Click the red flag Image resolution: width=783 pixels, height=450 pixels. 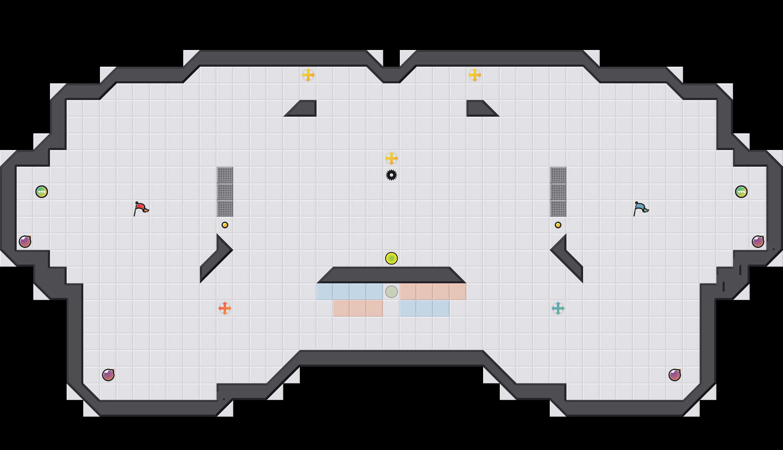(x=141, y=208)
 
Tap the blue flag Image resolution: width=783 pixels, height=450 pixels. (x=641, y=208)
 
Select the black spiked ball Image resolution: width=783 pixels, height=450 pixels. (x=391, y=175)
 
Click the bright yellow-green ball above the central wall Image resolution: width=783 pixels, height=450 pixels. (x=391, y=258)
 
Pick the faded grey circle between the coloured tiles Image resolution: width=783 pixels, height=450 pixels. (x=391, y=292)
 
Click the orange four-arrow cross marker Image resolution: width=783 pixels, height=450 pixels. (x=225, y=308)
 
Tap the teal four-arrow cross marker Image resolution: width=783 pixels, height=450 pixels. (x=558, y=308)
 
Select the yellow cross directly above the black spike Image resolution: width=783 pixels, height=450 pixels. (x=391, y=158)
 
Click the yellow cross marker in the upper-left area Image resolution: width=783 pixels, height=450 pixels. (x=308, y=75)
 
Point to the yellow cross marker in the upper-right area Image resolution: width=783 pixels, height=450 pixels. (x=475, y=75)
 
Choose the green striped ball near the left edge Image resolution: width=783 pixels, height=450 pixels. (x=42, y=192)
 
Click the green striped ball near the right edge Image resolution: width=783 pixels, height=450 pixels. (x=741, y=192)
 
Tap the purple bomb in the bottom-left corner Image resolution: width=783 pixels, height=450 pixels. (x=108, y=375)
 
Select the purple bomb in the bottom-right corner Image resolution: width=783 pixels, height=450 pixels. (x=675, y=375)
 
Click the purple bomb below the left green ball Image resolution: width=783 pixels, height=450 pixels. (x=25, y=242)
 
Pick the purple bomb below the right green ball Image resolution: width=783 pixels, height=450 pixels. (x=758, y=242)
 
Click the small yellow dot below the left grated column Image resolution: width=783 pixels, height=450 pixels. (x=225, y=225)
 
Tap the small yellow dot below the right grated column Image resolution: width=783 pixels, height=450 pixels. (x=558, y=225)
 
